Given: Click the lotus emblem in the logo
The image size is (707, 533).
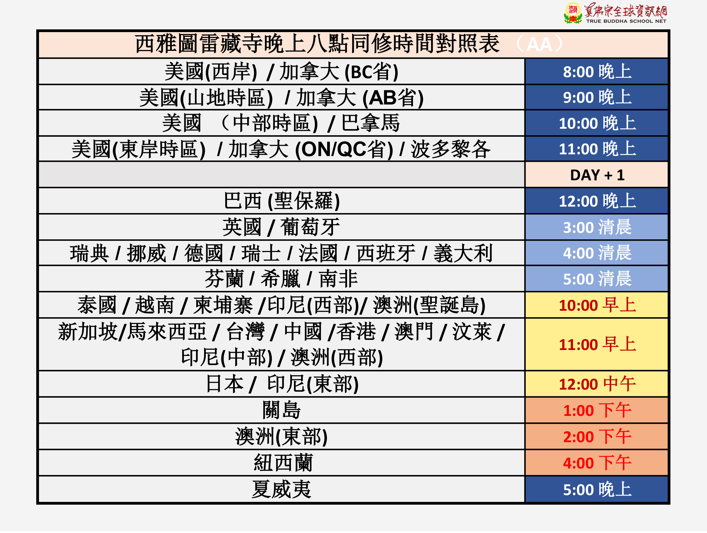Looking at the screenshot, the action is pyautogui.click(x=573, y=13).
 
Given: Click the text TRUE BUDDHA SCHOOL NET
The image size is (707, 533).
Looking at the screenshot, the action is pyautogui.click(x=626, y=21).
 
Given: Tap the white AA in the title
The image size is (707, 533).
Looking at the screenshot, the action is pyautogui.click(x=539, y=44).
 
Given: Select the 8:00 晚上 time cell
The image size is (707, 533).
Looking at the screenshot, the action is pyautogui.click(x=597, y=72).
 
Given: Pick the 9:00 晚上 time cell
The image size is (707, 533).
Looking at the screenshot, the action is pyautogui.click(x=597, y=97).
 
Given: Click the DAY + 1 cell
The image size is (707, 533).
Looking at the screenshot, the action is pyautogui.click(x=597, y=175).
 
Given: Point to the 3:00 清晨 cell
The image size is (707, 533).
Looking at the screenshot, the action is pyautogui.click(x=597, y=227).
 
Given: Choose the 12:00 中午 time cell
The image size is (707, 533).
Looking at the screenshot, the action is pyautogui.click(x=597, y=384).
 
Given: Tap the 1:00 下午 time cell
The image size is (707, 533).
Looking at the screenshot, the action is pyautogui.click(x=597, y=410).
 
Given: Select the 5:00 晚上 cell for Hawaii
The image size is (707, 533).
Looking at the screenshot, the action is pyautogui.click(x=597, y=489).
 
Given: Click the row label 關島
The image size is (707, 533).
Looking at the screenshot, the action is pyautogui.click(x=281, y=410).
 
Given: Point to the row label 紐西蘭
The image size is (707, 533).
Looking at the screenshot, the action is pyautogui.click(x=283, y=463).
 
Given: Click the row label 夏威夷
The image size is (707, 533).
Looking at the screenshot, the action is pyautogui.click(x=281, y=489).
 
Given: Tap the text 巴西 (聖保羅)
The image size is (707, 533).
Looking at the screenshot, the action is pyautogui.click(x=282, y=201).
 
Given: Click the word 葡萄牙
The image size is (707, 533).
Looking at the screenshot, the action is pyautogui.click(x=310, y=227).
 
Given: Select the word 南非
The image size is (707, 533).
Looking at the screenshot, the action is pyautogui.click(x=338, y=279).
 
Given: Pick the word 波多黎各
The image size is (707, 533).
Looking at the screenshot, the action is pyautogui.click(x=451, y=149).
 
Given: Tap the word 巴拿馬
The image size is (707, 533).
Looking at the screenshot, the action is pyautogui.click(x=371, y=123).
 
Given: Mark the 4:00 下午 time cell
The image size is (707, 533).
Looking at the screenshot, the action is pyautogui.click(x=597, y=463).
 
